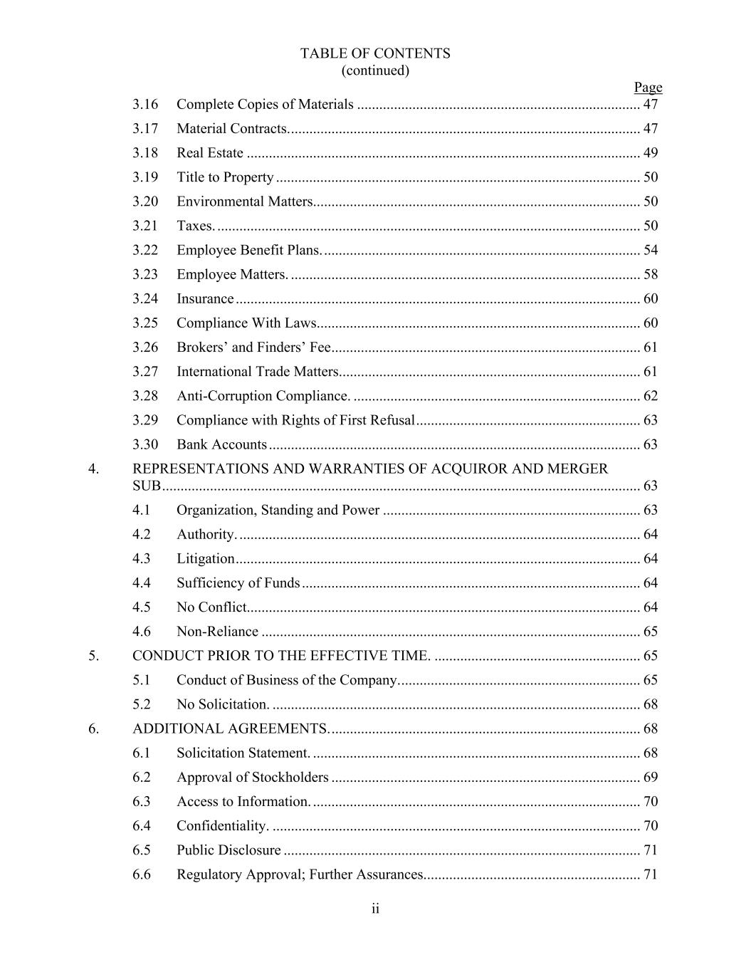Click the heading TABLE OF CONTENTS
[x=375, y=53]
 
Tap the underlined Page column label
[x=648, y=87]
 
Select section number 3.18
[x=145, y=153]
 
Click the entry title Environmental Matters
[x=245, y=202]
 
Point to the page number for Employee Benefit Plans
[x=651, y=250]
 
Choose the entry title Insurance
[x=205, y=299]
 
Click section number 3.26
[x=145, y=347]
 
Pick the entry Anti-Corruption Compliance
[x=263, y=396]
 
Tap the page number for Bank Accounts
[x=651, y=444]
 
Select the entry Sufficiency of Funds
[x=238, y=583]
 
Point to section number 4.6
[x=142, y=632]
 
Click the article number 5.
[x=94, y=656]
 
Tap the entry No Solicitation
[x=223, y=704]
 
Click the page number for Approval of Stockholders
[x=651, y=777]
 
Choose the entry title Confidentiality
[x=222, y=826]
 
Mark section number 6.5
[x=142, y=850]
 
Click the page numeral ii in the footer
[x=375, y=909]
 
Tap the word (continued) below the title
[x=375, y=70]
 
